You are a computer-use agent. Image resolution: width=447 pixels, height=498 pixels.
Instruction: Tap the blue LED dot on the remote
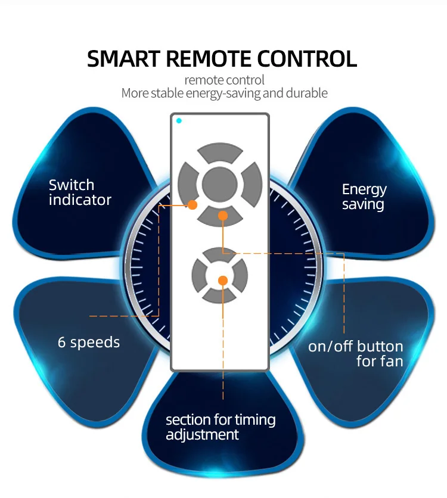point(179,121)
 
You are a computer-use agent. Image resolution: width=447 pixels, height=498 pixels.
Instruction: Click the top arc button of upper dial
point(220,152)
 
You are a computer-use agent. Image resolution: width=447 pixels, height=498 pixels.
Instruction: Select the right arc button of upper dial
point(253,184)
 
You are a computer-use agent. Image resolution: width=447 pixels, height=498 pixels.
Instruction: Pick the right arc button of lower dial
point(240,276)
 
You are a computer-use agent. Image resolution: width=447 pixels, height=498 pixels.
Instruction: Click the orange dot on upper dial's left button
point(193,205)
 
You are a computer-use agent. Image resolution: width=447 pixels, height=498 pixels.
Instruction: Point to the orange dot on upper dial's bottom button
point(222,216)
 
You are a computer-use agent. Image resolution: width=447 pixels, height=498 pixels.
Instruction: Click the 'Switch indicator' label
point(80,192)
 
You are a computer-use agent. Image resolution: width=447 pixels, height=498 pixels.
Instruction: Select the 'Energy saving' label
point(364,197)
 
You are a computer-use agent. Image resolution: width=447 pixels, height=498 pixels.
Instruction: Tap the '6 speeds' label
point(89,343)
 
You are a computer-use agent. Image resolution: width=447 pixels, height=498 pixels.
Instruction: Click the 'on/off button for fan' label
point(356,354)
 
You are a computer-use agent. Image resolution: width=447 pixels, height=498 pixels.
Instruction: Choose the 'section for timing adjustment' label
point(220,427)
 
